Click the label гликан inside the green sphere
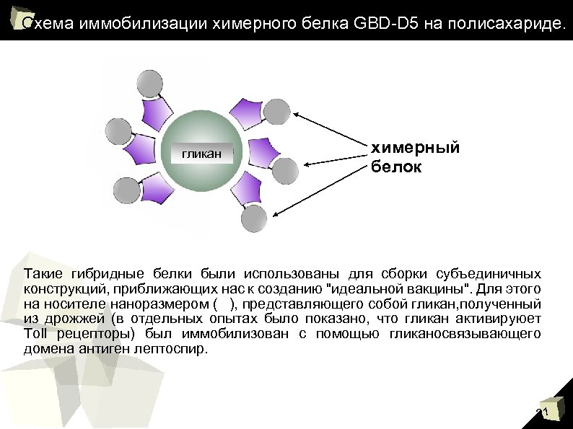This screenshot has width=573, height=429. (201, 154)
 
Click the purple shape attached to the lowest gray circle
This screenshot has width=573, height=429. (245, 189)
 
